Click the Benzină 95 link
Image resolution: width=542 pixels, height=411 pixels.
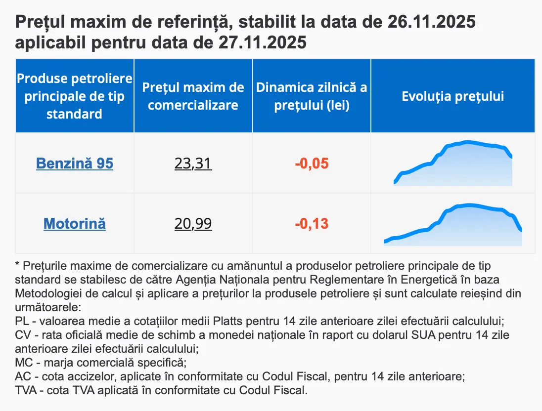pyautogui.click(x=75, y=164)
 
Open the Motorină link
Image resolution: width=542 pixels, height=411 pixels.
pyautogui.click(x=75, y=224)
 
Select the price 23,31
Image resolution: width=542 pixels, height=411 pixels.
pyautogui.click(x=193, y=164)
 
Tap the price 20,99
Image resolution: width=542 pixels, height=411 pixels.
pyautogui.click(x=193, y=224)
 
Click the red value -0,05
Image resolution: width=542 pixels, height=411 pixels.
pyautogui.click(x=312, y=164)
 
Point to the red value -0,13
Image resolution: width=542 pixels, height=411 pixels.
pyautogui.click(x=312, y=224)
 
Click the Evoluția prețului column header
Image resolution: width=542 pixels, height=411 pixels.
pyautogui.click(x=452, y=96)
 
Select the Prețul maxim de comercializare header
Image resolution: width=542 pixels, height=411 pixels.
pyautogui.click(x=193, y=96)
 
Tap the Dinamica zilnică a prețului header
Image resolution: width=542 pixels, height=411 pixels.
pyautogui.click(x=312, y=96)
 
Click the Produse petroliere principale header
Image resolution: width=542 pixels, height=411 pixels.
pyautogui.click(x=75, y=96)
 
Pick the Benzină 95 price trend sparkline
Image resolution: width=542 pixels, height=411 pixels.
pyautogui.click(x=453, y=164)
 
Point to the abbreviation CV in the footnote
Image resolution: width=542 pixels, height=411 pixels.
pyautogui.click(x=23, y=334)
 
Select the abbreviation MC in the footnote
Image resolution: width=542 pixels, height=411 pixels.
pyautogui.click(x=24, y=363)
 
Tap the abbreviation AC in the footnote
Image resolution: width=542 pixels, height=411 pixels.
pyautogui.click(x=23, y=376)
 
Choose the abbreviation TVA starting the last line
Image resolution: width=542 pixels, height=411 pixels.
pyautogui.click(x=25, y=390)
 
